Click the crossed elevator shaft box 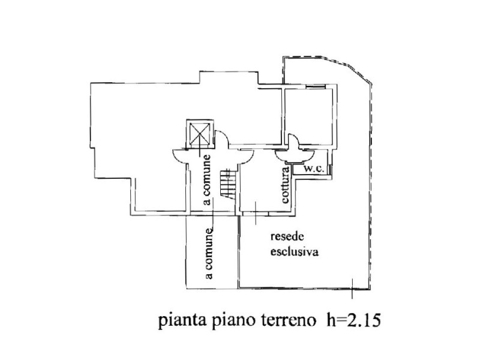click(200, 134)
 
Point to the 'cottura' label click(286, 187)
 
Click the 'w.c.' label click(314, 169)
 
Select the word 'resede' click(281, 237)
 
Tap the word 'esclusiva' click(291, 252)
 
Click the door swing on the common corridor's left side click(178, 154)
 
